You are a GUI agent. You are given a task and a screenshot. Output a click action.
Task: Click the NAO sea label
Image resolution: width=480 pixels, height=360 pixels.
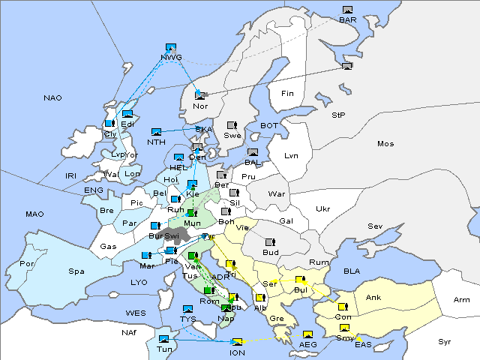click(52, 97)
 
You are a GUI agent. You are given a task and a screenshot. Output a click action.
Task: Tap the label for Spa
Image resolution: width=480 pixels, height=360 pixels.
click(76, 271)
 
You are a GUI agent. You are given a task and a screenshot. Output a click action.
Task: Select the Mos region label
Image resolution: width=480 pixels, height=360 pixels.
click(385, 143)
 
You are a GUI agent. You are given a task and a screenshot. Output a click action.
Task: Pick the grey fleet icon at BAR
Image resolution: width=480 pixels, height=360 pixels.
click(347, 10)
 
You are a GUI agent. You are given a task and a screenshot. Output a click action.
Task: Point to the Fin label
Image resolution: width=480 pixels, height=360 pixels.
click(286, 94)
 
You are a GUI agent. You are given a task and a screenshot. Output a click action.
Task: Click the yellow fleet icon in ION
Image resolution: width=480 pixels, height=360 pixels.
click(238, 342)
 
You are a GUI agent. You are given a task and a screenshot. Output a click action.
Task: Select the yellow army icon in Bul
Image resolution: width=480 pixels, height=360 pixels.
click(300, 280)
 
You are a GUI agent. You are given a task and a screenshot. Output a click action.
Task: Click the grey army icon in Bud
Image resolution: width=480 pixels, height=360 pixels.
click(270, 243)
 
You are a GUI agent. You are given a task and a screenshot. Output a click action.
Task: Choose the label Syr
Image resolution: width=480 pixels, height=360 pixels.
click(445, 341)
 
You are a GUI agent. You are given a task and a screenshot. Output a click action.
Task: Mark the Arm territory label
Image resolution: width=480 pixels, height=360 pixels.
click(461, 300)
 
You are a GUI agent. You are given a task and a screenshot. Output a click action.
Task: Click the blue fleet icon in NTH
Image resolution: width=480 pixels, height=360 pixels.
click(156, 132)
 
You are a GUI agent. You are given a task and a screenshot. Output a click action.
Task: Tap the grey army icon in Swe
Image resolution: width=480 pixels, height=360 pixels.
click(232, 125)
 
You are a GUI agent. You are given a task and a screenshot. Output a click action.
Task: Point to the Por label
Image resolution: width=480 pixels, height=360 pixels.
click(27, 264)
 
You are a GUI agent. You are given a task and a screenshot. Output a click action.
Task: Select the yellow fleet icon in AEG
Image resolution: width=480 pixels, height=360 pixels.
click(307, 334)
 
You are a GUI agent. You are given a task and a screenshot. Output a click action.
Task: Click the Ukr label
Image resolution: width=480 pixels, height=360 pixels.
click(322, 208)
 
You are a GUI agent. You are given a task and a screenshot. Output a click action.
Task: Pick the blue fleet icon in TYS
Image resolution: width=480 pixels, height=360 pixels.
click(187, 309)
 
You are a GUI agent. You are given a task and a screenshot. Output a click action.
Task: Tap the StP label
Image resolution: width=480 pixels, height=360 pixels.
click(338, 115)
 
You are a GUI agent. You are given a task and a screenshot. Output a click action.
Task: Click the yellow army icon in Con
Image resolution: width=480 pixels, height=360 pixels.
click(342, 307)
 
